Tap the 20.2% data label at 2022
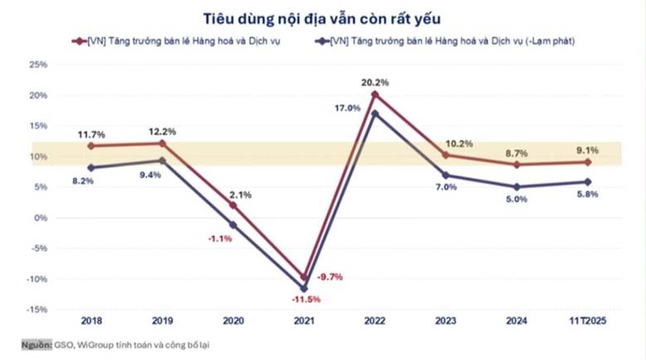pos(375,83)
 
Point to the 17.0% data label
pos(348,108)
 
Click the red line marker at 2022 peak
pos(374,94)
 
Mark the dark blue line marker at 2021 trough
pos(304,288)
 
